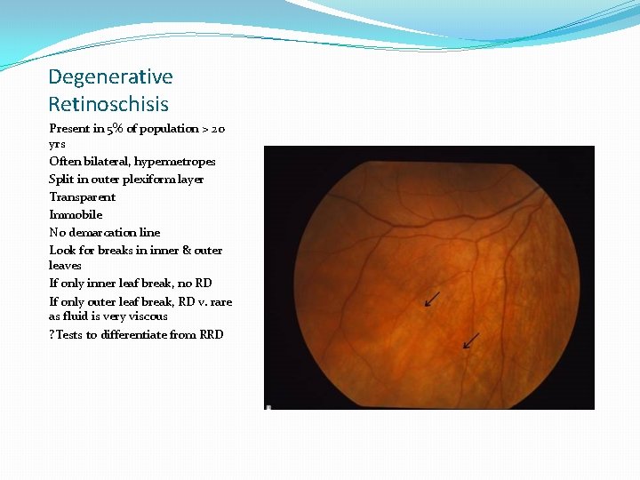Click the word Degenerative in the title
pos(110,77)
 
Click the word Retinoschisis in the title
pos(108,104)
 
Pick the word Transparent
pos(82,197)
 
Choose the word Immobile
pos(76,215)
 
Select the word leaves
pos(65,266)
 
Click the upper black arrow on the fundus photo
pos(432,299)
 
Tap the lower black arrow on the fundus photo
pos(470,340)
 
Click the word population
pos(167,129)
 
